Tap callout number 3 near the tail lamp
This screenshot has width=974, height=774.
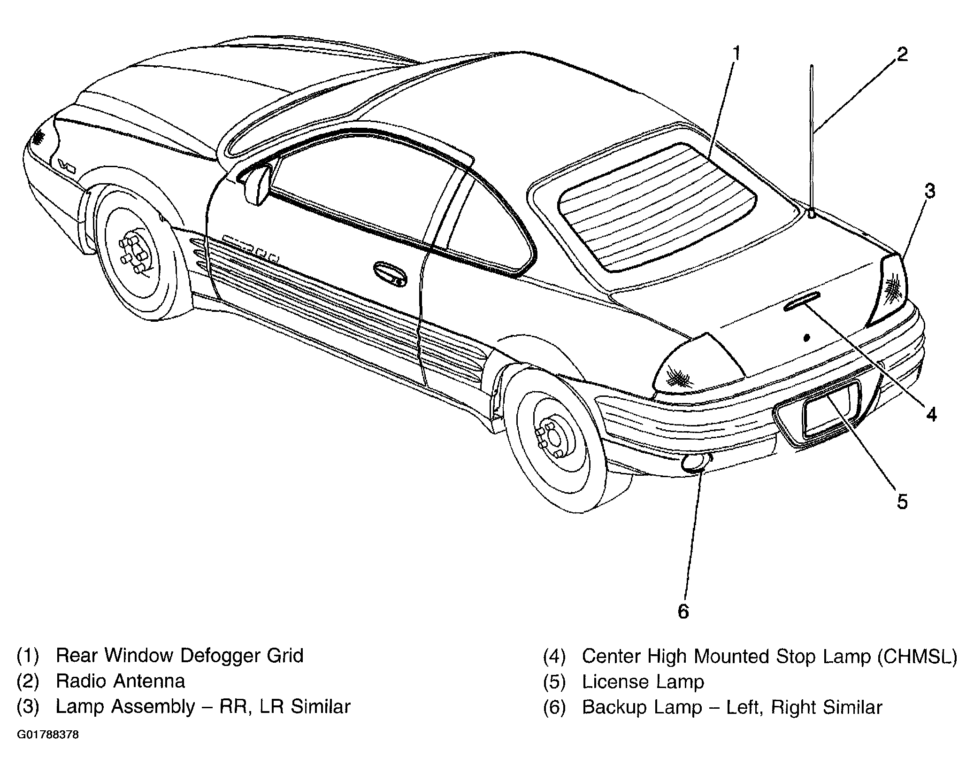point(929,192)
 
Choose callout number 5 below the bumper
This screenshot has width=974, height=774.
point(902,502)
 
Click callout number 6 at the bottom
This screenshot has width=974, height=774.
point(683,611)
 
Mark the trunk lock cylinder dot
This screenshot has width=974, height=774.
point(807,338)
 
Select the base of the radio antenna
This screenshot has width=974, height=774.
point(812,214)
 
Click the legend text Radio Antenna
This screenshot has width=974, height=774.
point(120,681)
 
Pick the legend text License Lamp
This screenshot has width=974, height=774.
point(643,681)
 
